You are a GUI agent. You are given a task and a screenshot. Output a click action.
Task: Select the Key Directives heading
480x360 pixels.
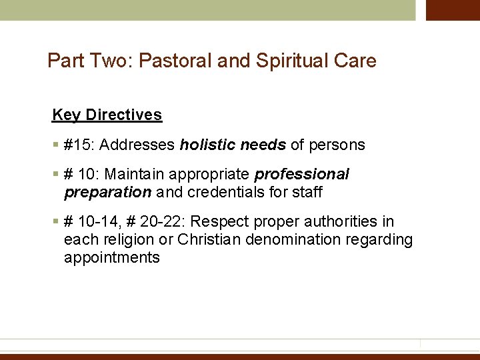107,115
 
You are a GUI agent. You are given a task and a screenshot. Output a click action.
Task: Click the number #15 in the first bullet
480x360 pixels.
73,145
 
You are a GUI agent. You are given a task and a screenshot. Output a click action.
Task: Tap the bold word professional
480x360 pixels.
302,175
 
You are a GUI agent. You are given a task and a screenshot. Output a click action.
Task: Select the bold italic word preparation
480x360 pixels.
108,193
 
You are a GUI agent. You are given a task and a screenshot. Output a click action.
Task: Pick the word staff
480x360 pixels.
307,193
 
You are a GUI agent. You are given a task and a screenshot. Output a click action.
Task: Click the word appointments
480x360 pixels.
112,258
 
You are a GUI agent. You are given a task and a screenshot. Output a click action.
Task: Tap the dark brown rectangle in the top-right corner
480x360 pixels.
453,10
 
